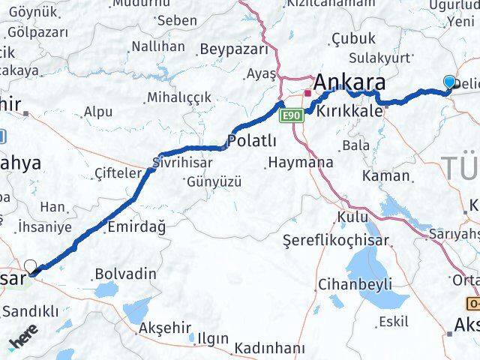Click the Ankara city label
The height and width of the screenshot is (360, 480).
(351, 82)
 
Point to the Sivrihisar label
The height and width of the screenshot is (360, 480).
(182, 162)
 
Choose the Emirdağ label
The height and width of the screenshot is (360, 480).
(136, 226)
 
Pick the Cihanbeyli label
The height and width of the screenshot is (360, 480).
(355, 284)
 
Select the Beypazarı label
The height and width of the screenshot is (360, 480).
(234, 49)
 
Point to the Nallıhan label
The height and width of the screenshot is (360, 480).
(157, 46)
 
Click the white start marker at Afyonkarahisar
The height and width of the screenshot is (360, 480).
(31, 265)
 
